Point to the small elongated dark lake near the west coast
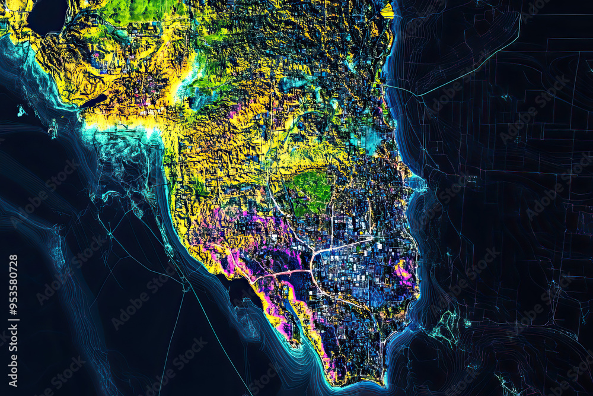pos(93,101)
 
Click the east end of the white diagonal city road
pos(372,238)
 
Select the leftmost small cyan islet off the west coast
pos(21,111)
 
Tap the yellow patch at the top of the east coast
pos(387,10)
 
